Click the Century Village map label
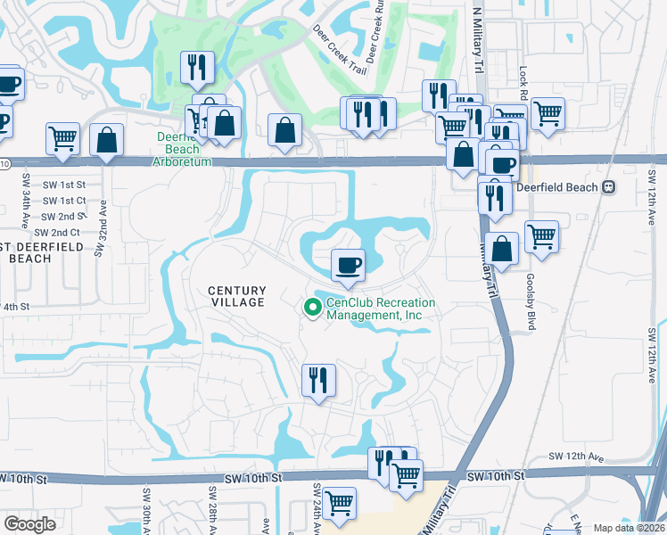point(236,296)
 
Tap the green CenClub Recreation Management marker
point(312,309)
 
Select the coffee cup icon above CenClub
point(348,265)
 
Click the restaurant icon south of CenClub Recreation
point(317,379)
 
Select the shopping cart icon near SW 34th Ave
point(62,139)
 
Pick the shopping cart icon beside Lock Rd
point(547,113)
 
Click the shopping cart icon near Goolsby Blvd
point(541,237)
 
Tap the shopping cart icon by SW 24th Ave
point(339,503)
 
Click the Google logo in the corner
point(30,524)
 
